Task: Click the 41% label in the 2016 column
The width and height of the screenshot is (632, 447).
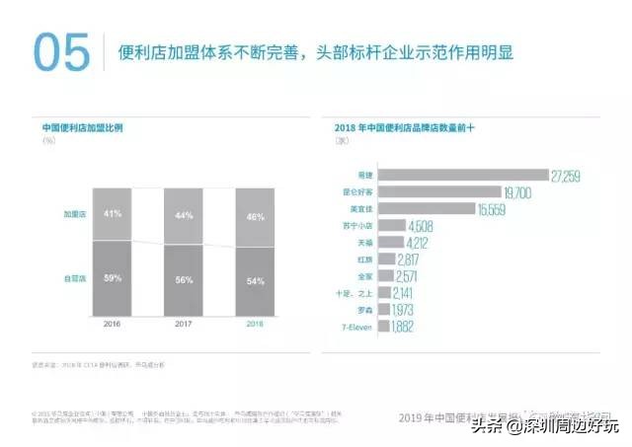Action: pyautogui.click(x=113, y=213)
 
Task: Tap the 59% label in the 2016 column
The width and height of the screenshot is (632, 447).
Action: pyautogui.click(x=113, y=279)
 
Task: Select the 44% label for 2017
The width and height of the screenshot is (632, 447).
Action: pyautogui.click(x=183, y=214)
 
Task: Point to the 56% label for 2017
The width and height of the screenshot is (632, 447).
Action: pyautogui.click(x=183, y=280)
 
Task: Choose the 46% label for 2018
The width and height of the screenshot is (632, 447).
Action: pyautogui.click(x=254, y=215)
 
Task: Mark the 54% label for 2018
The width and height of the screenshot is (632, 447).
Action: pyautogui.click(x=254, y=281)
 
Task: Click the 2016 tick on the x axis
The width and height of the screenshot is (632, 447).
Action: pyautogui.click(x=113, y=324)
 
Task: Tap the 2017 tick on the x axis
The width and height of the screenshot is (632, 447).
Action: pyautogui.click(x=183, y=324)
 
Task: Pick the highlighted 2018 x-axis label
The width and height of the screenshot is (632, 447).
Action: pyautogui.click(x=254, y=324)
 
